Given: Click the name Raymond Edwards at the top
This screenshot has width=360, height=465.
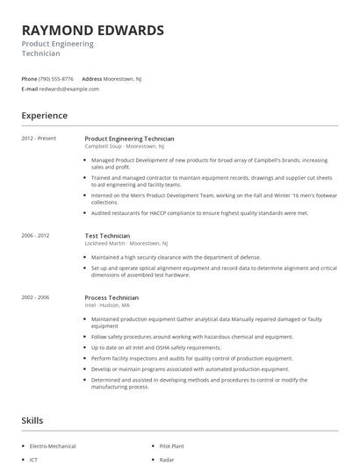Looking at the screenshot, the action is (x=92, y=31).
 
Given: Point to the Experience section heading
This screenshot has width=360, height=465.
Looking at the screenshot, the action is (x=44, y=115).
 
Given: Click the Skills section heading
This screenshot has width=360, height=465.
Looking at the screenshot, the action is (x=32, y=421).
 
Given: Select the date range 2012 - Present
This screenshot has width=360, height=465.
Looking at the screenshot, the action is (x=39, y=139).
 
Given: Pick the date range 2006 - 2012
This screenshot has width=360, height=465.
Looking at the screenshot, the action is (x=37, y=235).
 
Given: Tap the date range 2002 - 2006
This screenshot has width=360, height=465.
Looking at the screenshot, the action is (x=37, y=297).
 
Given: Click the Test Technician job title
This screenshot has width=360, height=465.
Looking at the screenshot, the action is (x=107, y=235).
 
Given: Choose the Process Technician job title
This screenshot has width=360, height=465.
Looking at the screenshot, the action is (x=112, y=297).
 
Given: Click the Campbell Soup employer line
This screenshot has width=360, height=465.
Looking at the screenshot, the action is (x=124, y=147).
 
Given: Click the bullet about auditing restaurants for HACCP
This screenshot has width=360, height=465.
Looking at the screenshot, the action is (x=200, y=212).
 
